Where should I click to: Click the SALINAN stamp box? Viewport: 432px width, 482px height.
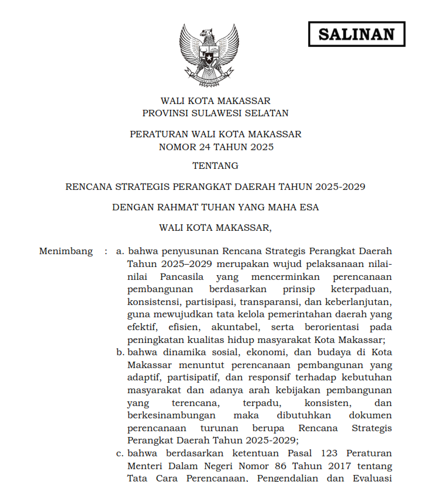(x=356, y=34)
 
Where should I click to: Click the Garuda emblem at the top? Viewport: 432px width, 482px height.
(x=209, y=54)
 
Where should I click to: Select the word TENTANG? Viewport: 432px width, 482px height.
(x=215, y=165)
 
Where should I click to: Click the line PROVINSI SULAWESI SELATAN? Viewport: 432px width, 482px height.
(x=215, y=113)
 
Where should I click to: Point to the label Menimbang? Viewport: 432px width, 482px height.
(x=65, y=251)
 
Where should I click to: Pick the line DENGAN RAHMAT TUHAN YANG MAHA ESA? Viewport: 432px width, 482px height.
(x=215, y=207)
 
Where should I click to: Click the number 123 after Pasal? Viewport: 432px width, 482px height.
(x=330, y=453)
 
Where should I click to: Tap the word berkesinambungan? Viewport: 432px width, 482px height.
(x=171, y=415)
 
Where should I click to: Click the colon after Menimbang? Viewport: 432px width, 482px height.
(x=106, y=251)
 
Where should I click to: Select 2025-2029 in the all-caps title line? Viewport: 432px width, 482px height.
(x=340, y=187)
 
